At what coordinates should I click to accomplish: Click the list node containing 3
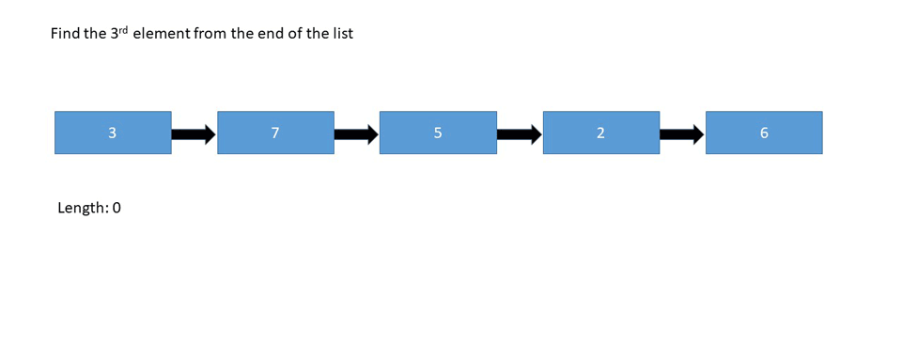[x=113, y=133]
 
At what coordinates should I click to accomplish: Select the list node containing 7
[x=275, y=133]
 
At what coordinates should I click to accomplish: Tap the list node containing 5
[x=438, y=133]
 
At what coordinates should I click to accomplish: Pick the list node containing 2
[x=600, y=133]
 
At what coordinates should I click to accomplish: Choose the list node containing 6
[x=764, y=133]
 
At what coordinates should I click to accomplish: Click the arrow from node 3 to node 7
[x=194, y=134]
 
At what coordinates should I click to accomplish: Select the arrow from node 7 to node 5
[x=356, y=134]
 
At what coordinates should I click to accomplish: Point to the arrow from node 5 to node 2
[x=520, y=134]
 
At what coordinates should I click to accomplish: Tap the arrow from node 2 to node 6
[x=682, y=134]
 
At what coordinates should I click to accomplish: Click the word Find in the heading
[x=66, y=34]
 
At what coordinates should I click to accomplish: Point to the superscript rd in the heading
[x=134, y=29]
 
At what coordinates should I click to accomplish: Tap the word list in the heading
[x=342, y=34]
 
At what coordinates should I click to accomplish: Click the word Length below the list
[x=82, y=208]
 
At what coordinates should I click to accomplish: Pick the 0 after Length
[x=117, y=208]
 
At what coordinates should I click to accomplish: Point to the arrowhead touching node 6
[x=698, y=134]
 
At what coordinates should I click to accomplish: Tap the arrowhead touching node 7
[x=210, y=134]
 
